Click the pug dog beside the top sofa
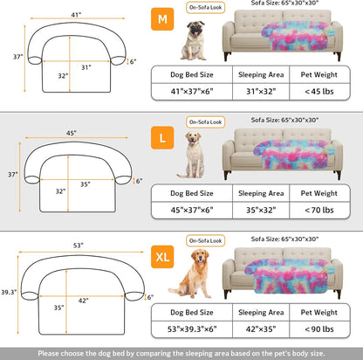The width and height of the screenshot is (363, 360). pos(192,41)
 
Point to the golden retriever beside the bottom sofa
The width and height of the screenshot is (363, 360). pos(191,273)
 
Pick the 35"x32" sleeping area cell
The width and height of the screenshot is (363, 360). pos(258,210)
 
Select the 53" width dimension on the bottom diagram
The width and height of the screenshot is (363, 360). pos(77,247)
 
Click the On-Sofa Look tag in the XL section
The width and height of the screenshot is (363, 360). pos(202,239)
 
